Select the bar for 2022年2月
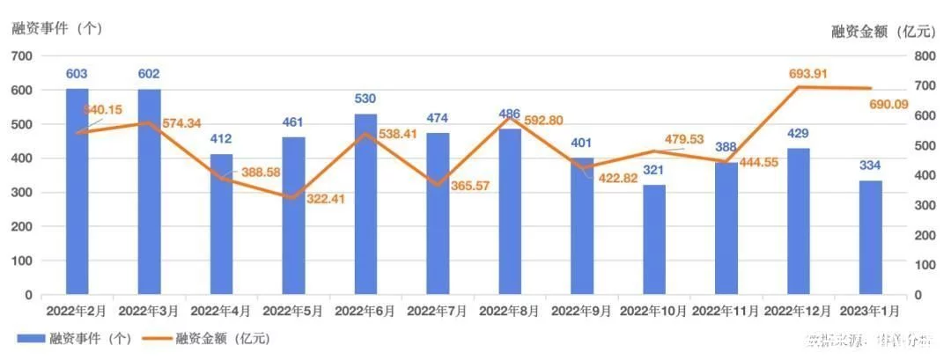pyautogui.click(x=77, y=192)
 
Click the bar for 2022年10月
pyautogui.click(x=652, y=240)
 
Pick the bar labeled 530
pyautogui.click(x=365, y=204)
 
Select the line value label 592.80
pyautogui.click(x=542, y=121)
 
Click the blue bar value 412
pyautogui.click(x=221, y=141)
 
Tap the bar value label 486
pyautogui.click(x=510, y=115)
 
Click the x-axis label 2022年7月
pyautogui.click(x=438, y=311)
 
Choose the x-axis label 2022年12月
pyautogui.click(x=799, y=311)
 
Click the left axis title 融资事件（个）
pyautogui.click(x=57, y=27)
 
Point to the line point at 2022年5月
pyautogui.click(x=293, y=198)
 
